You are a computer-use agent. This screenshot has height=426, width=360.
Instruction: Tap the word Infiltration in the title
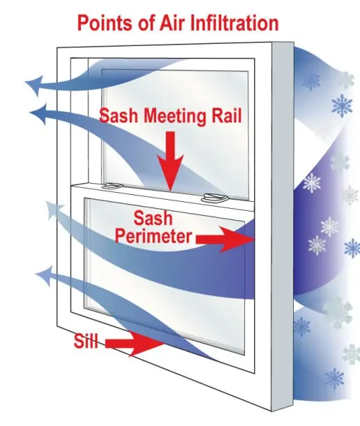(235, 23)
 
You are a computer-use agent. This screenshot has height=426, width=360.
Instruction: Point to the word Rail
(227, 116)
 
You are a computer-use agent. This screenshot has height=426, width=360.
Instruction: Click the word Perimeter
(153, 236)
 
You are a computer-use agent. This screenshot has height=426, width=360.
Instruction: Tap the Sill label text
(86, 341)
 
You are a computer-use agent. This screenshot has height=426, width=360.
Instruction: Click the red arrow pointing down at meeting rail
(171, 161)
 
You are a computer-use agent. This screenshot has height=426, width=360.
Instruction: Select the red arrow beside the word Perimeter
(225, 239)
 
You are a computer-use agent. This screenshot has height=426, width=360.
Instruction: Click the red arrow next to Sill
(134, 344)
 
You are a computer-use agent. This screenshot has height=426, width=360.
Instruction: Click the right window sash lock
(214, 198)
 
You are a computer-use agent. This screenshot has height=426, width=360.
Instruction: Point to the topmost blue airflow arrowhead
(35, 85)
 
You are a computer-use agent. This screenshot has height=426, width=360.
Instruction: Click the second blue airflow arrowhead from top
(39, 114)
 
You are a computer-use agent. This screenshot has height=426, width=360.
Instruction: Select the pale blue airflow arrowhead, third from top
(54, 210)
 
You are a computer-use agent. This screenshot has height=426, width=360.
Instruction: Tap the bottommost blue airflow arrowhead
(44, 275)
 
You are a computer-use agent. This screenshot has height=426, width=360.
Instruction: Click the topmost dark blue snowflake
(311, 81)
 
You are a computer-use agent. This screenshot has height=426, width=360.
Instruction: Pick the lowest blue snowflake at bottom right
(334, 378)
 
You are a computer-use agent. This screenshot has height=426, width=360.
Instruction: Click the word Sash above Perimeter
(153, 218)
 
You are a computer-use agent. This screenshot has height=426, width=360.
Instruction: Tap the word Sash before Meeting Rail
(119, 116)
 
